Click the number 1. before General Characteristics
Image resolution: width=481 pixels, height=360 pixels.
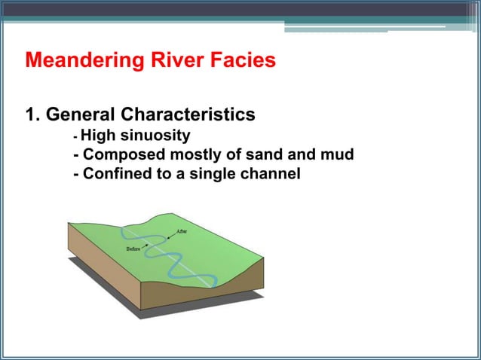point(32,115)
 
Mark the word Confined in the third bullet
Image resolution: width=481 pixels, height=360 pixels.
point(117,175)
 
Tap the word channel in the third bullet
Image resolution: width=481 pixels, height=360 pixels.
point(271,175)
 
